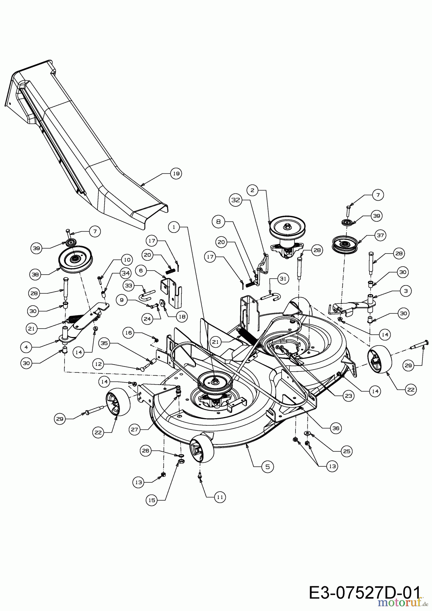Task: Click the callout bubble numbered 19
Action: [176, 173]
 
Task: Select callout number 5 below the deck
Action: [267, 467]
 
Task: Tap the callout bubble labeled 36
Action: [336, 428]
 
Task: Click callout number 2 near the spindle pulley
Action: [252, 190]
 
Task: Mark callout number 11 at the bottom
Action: [220, 497]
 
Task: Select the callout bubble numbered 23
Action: [348, 395]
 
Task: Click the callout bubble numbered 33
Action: [129, 285]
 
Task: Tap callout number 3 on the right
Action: [406, 291]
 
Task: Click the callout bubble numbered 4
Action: [26, 347]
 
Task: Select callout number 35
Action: [104, 343]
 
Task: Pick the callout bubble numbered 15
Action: [152, 500]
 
